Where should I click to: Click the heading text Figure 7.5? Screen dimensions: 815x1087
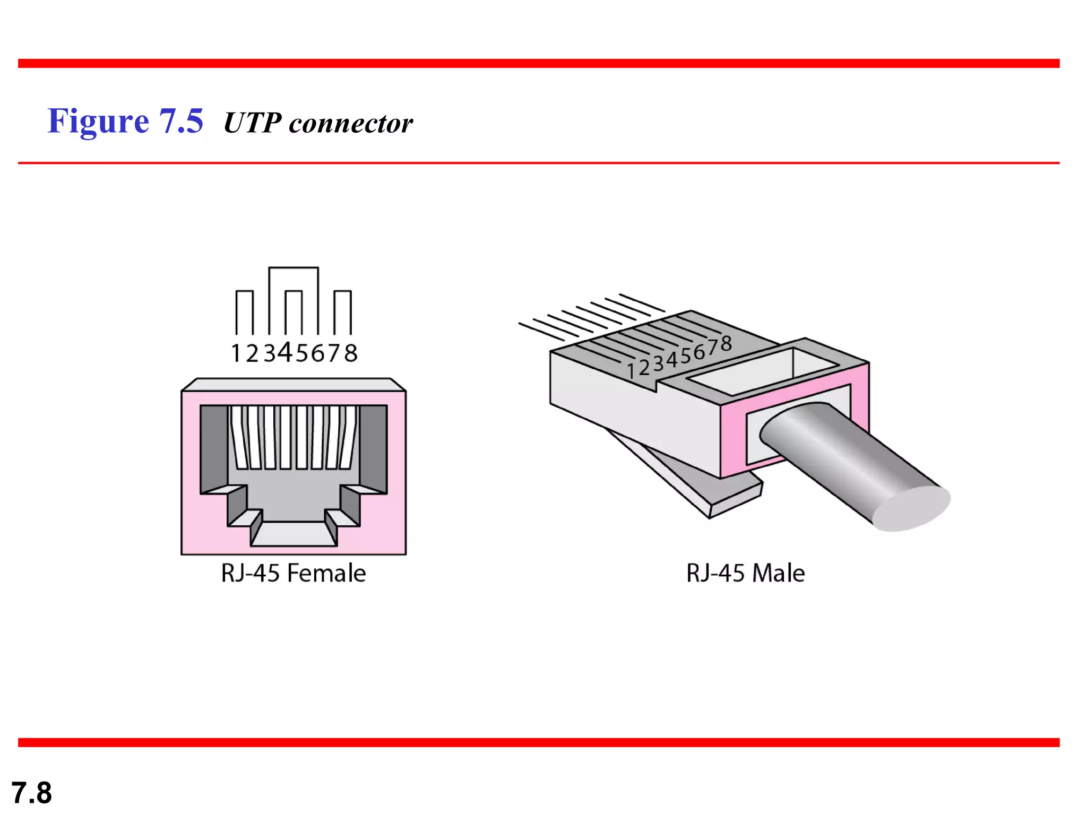pos(125,121)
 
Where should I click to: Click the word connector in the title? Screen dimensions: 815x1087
pos(350,124)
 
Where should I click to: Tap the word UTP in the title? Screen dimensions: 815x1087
pos(252,123)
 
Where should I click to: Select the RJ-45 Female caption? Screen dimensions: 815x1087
pos(294,573)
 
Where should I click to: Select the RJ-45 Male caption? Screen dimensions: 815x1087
pos(745,573)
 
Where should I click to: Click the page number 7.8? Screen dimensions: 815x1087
pos(32,793)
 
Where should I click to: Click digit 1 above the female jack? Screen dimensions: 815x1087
pos(236,353)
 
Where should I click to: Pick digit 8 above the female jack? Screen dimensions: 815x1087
pos(351,353)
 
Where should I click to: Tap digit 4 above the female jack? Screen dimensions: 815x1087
pos(286,352)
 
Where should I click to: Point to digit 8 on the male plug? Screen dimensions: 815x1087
pos(726,344)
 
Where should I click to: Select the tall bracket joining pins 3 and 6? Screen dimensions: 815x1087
pos(294,268)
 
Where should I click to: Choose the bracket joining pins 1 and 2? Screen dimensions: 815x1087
pos(245,291)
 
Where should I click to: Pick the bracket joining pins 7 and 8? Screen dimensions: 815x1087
pos(342,291)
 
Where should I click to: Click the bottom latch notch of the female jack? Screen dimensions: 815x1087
pos(294,533)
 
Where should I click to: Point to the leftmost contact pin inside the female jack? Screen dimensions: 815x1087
pos(239,438)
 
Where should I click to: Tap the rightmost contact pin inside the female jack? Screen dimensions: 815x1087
pos(348,438)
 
